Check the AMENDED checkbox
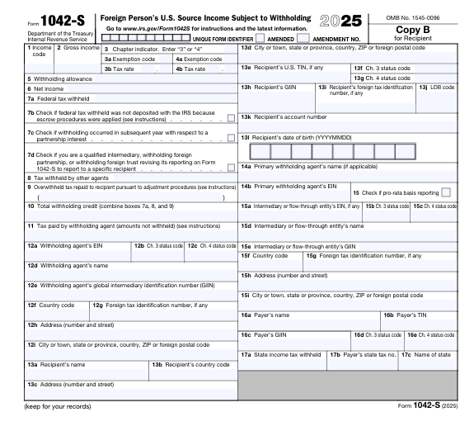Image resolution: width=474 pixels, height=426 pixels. point(260,38)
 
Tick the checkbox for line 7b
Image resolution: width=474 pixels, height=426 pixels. point(231,118)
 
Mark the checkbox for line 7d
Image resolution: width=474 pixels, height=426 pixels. point(231,168)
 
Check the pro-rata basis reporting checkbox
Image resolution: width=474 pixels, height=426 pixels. point(446,192)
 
